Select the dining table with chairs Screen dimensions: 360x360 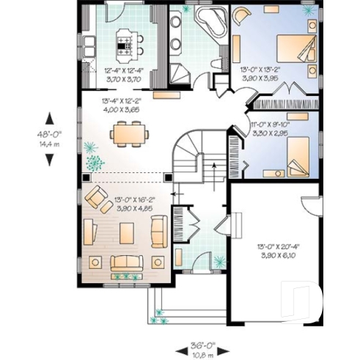[x=129, y=133]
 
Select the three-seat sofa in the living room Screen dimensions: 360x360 [x=125, y=262]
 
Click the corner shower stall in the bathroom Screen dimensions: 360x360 [x=179, y=70]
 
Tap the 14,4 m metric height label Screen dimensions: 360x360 [x=49, y=144]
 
